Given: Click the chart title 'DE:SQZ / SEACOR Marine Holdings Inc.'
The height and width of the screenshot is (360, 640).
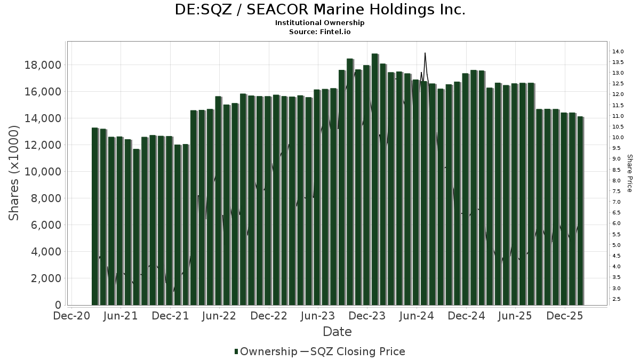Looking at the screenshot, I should click(320, 10).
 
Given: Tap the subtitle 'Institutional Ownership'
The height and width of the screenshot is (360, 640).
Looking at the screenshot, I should click(320, 23).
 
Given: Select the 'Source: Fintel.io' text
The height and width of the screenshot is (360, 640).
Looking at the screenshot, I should click(320, 32).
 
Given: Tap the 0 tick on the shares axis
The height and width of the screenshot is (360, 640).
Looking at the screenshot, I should click(58, 305).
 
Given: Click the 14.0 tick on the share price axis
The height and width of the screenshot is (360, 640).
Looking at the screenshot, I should click(619, 52).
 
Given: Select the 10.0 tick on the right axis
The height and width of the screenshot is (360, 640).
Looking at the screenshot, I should click(619, 138).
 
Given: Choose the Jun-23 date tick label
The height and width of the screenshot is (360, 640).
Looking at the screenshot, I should click(318, 316).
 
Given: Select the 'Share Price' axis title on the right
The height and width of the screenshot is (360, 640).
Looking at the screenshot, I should click(629, 173).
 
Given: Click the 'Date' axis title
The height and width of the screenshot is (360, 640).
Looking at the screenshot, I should click(337, 332).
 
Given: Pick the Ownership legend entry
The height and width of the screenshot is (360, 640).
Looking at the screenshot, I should click(266, 351).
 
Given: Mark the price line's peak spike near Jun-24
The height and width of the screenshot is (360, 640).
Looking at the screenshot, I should click(425, 53).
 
